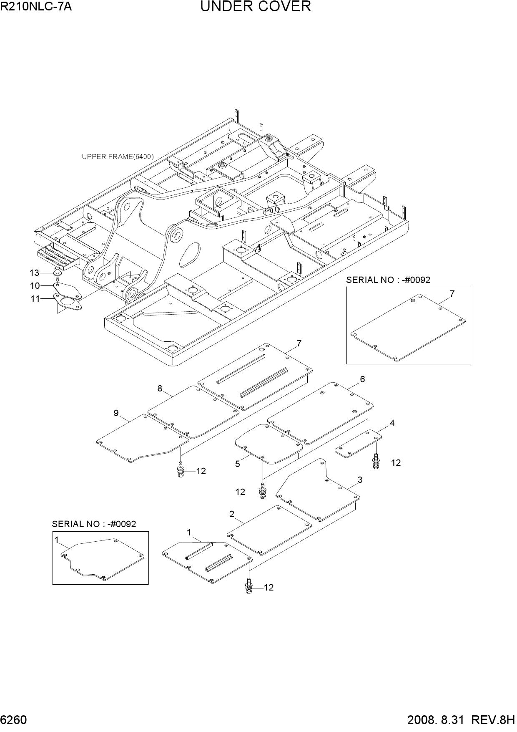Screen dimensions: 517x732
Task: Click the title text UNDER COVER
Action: pos(256,7)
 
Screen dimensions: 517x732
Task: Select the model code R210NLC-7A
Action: pos(36,6)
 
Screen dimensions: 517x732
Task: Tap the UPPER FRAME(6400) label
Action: pos(118,157)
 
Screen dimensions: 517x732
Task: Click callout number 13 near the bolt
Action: pos(34,273)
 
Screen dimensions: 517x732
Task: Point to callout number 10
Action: pos(35,286)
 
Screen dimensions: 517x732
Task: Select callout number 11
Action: pos(35,299)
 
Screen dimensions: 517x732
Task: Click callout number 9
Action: pos(116,413)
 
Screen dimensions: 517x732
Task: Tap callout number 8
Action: pos(160,389)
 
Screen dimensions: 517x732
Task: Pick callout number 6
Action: pos(362,379)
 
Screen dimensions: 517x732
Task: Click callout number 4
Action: pos(392,423)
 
